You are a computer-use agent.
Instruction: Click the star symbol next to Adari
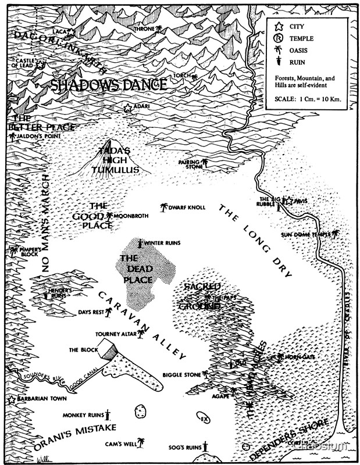(128, 108)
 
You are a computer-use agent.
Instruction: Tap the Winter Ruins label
(162, 243)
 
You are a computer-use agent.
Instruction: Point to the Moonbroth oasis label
(131, 216)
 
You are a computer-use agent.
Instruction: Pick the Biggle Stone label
(181, 375)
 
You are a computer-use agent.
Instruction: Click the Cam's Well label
(120, 444)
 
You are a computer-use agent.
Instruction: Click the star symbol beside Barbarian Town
(11, 400)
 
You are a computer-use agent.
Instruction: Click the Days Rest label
(91, 312)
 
